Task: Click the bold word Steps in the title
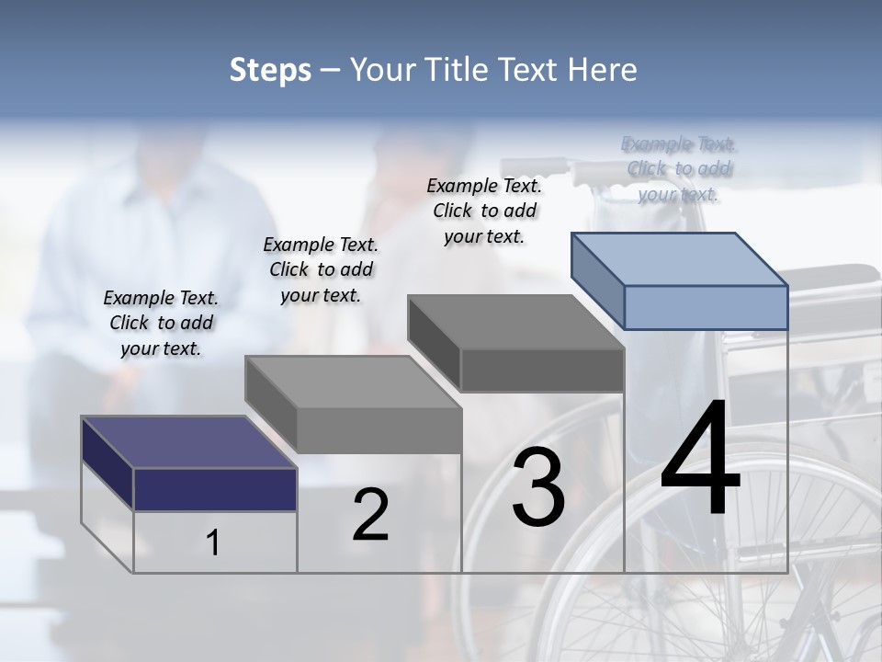[270, 70]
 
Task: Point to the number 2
[370, 514]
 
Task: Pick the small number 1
[213, 542]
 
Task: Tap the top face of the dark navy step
[188, 442]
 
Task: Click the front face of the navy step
[215, 489]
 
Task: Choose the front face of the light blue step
[706, 307]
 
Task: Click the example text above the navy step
[161, 323]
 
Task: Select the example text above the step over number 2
[321, 269]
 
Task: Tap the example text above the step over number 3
[484, 211]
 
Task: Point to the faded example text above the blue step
[679, 168]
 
